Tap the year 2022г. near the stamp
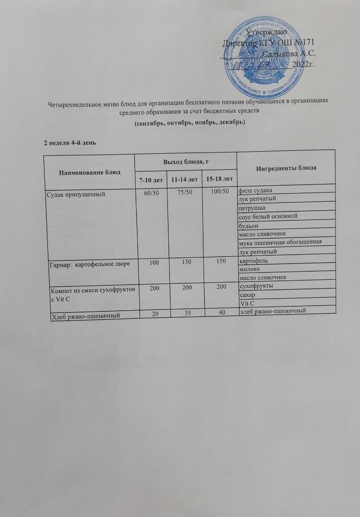point(304,65)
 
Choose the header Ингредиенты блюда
point(286,168)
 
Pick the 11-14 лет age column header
point(185,178)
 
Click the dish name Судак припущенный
point(77,195)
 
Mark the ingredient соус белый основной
point(268,216)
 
